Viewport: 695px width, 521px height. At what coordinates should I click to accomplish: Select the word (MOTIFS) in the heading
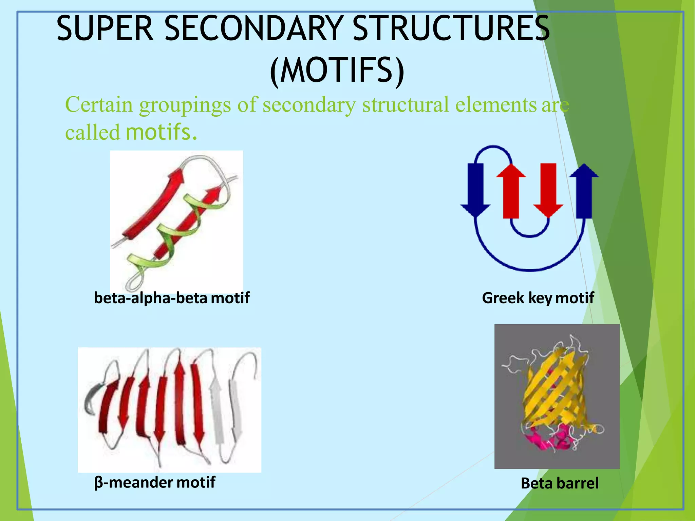(337, 70)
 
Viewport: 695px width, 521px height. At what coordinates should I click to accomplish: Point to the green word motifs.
(161, 132)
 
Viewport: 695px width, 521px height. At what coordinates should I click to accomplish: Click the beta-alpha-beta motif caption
(172, 298)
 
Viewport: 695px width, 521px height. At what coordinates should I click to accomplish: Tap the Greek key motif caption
(538, 298)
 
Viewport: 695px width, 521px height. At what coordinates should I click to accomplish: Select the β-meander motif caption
(155, 482)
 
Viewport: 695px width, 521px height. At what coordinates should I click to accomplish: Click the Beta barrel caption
(560, 483)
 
